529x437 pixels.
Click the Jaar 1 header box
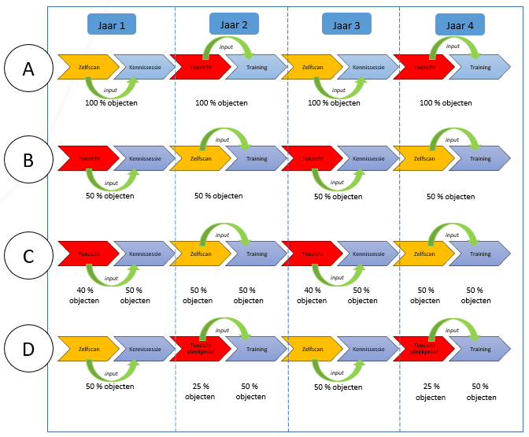point(112,24)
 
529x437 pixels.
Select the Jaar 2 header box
point(234,24)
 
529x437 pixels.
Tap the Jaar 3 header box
point(346,24)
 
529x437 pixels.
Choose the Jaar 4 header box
point(460,24)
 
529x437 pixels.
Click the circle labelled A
point(28,69)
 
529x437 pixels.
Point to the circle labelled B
point(28,161)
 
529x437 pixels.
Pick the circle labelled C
point(28,256)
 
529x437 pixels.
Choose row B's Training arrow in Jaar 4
point(480,159)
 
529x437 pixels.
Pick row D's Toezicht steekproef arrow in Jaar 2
point(199,348)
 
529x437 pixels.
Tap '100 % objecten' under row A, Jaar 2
point(221,103)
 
